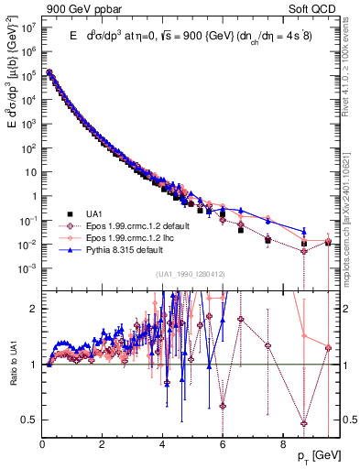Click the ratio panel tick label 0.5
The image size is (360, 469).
28,420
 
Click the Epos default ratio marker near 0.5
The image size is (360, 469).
304,422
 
